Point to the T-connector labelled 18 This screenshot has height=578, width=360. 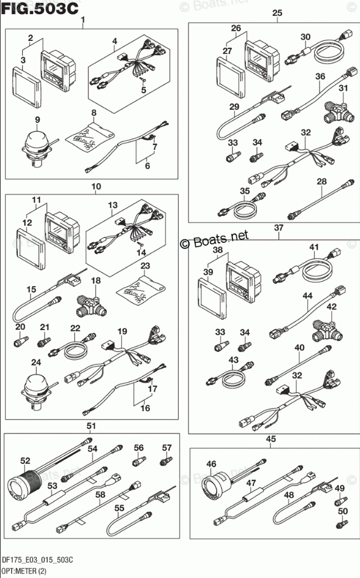88,302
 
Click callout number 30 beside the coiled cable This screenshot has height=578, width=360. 305,36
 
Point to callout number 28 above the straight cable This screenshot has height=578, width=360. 321,182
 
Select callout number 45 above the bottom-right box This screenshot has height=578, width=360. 270,439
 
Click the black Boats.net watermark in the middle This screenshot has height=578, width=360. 214,239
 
